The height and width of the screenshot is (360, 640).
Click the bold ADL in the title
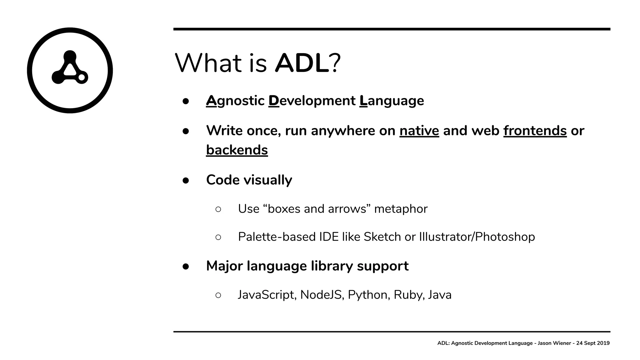(x=302, y=63)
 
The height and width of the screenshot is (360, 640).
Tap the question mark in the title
(x=335, y=63)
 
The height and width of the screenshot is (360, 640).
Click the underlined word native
(x=419, y=131)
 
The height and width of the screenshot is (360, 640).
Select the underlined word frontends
(x=535, y=131)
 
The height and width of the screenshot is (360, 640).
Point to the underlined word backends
(x=237, y=150)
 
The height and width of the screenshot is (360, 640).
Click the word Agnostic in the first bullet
(x=235, y=101)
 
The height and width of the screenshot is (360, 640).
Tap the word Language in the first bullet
(x=392, y=101)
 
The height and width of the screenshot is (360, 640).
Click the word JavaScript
(x=267, y=295)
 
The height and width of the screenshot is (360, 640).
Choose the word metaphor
(x=401, y=209)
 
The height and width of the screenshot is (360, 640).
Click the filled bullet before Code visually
(x=186, y=180)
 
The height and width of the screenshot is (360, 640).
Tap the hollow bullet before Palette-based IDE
(x=218, y=237)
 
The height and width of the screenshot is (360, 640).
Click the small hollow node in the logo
(x=82, y=77)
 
